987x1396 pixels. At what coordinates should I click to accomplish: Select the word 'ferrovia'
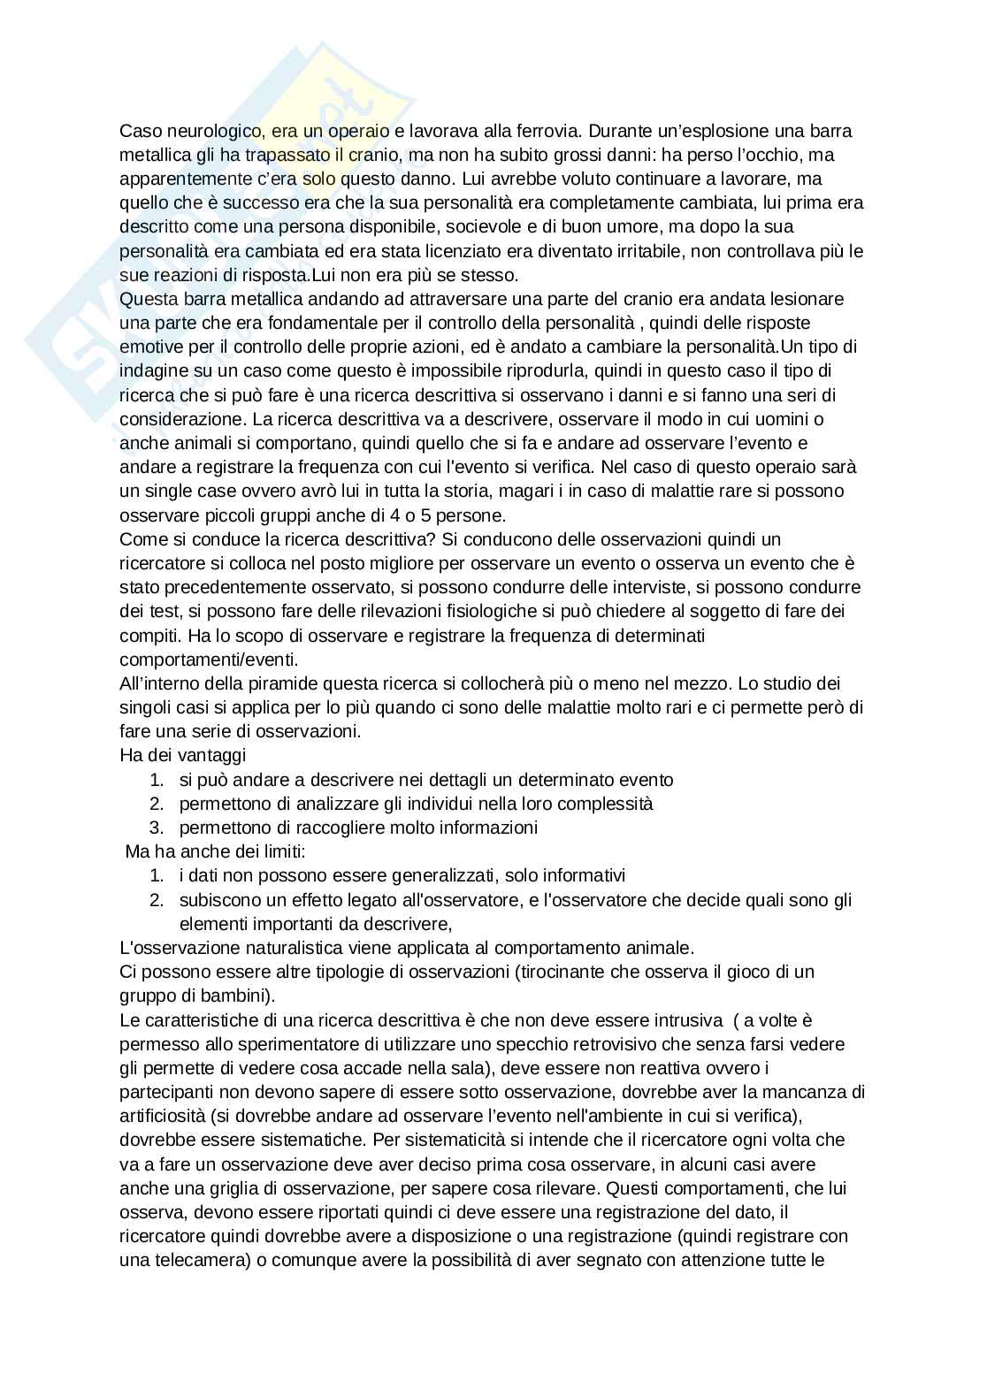coord(547,131)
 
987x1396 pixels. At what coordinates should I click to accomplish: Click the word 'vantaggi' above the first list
coord(213,755)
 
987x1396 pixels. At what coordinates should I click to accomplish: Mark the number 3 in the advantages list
coord(156,828)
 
